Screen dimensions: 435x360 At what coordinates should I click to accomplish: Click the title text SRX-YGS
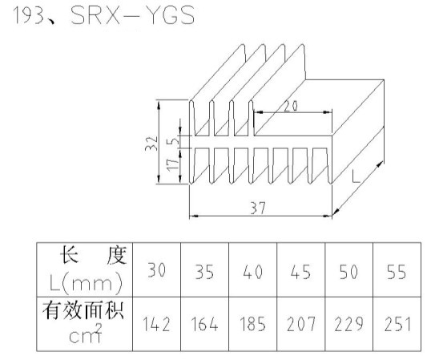click(133, 15)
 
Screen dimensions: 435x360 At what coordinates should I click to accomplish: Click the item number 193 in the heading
click(29, 15)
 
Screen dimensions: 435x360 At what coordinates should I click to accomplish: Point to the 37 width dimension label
click(258, 208)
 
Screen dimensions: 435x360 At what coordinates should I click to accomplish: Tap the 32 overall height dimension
click(151, 144)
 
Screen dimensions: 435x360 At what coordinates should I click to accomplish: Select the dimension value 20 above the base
click(291, 107)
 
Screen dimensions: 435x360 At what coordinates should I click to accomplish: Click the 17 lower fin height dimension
click(173, 164)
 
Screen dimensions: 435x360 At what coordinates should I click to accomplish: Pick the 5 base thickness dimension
click(173, 141)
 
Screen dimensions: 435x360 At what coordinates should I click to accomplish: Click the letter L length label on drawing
click(356, 176)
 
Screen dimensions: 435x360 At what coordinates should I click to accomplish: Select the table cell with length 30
click(157, 270)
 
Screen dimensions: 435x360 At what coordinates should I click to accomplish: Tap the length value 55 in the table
click(397, 272)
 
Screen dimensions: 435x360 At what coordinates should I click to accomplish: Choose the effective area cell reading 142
click(156, 324)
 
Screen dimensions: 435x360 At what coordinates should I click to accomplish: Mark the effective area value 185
click(252, 324)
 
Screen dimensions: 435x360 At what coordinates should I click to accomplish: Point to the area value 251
click(397, 324)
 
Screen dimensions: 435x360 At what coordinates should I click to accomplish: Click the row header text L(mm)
click(86, 283)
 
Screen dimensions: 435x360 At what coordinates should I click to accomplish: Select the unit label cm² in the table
click(86, 334)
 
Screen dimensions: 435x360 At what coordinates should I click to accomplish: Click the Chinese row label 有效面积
click(83, 310)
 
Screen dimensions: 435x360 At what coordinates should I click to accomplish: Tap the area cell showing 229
click(348, 324)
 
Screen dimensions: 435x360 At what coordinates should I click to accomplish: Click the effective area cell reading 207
click(301, 324)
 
